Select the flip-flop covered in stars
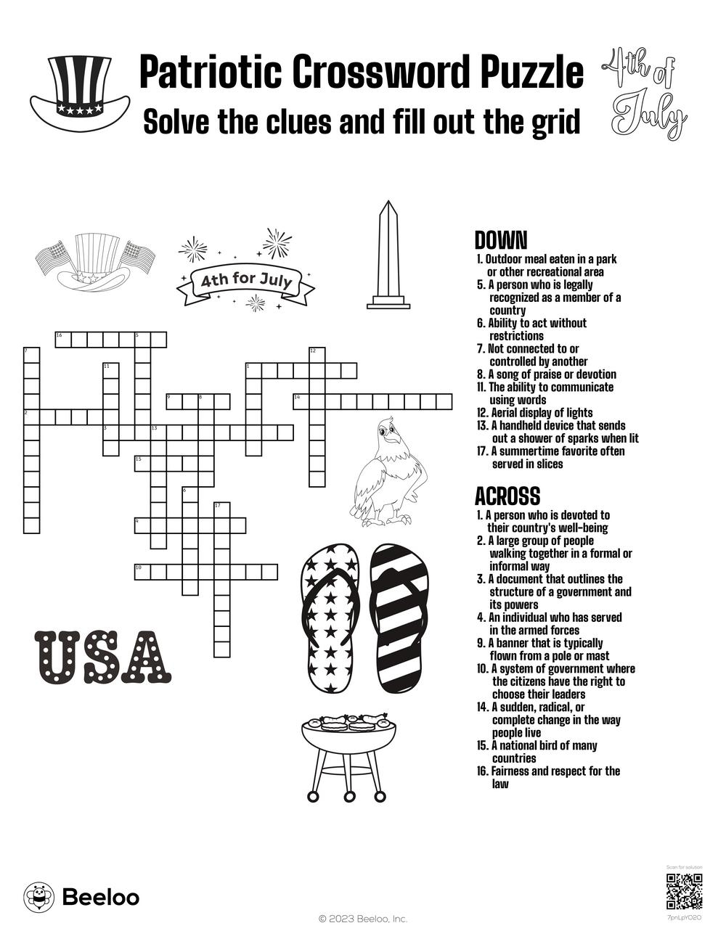[330, 620]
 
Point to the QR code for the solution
[683, 892]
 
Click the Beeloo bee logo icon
[39, 897]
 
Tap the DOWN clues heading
[500, 240]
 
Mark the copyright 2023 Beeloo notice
[363, 919]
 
